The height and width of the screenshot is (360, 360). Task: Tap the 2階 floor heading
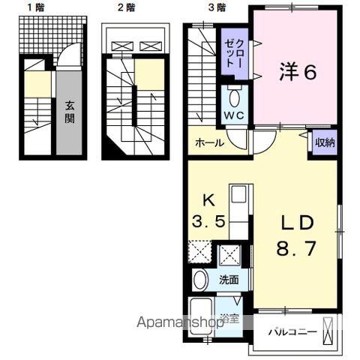(x=125, y=8)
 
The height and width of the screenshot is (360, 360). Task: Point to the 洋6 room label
(x=298, y=73)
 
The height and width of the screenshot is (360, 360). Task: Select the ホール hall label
(x=209, y=142)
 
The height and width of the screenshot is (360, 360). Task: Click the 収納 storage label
(x=324, y=142)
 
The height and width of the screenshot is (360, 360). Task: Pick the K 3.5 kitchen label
(x=209, y=211)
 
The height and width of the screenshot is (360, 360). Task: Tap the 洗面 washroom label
(x=229, y=280)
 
